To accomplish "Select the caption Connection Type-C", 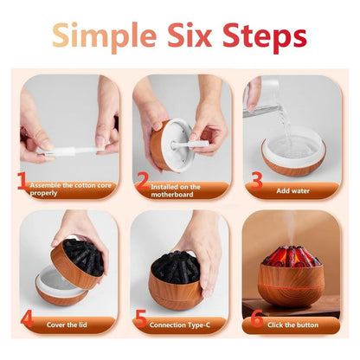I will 183,325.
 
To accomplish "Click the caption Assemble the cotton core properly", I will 69,188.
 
